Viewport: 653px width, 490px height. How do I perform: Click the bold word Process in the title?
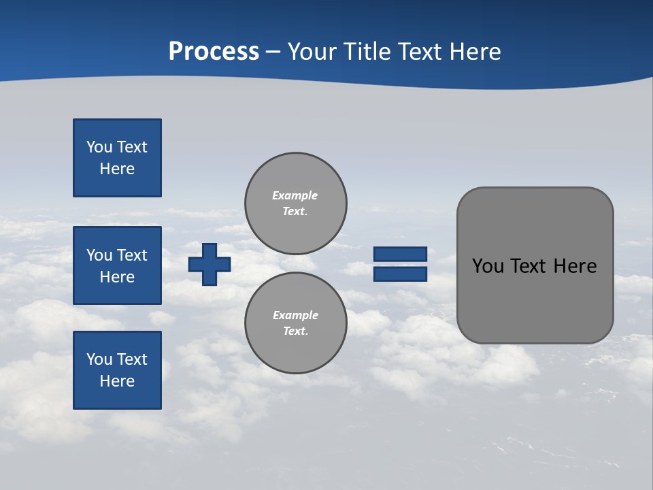coord(214,52)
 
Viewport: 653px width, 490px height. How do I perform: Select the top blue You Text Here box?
coord(117,158)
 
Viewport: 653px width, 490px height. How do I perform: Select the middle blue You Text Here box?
coord(117,265)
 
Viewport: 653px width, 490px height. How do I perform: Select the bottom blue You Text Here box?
coord(117,370)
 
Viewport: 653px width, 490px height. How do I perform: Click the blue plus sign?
coord(210,264)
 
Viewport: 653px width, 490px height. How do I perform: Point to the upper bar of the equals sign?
coord(400,254)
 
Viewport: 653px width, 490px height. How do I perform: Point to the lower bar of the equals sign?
coord(400,274)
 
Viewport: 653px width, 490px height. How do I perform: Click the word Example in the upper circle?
coord(295,195)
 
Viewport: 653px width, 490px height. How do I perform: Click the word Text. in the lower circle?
coord(295,331)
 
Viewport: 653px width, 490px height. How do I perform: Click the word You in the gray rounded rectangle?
coord(487,266)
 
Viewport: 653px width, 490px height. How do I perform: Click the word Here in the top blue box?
coord(117,169)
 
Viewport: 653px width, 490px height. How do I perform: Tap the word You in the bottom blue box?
coord(99,359)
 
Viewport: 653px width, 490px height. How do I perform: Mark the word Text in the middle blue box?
coord(132,255)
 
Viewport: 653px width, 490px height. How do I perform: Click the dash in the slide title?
coord(273,52)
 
